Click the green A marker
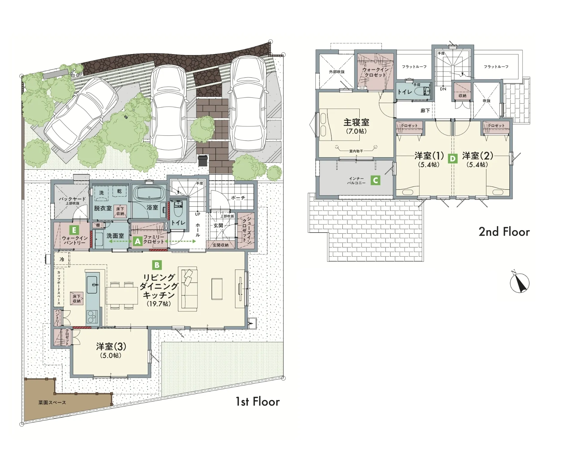[x=137, y=242]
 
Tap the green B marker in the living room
[x=157, y=265]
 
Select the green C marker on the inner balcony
[x=375, y=180]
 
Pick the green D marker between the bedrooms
[x=453, y=158]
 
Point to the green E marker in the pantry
[x=74, y=230]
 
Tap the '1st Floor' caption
[x=258, y=402]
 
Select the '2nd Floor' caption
[x=504, y=232]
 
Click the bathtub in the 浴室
[x=148, y=192]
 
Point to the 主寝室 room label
[x=356, y=122]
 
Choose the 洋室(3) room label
[x=111, y=347]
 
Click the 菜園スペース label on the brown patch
[x=52, y=402]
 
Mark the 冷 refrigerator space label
[x=62, y=259]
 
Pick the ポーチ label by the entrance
[x=238, y=198]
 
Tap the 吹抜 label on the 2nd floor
[x=487, y=101]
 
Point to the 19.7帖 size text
[x=159, y=304]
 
